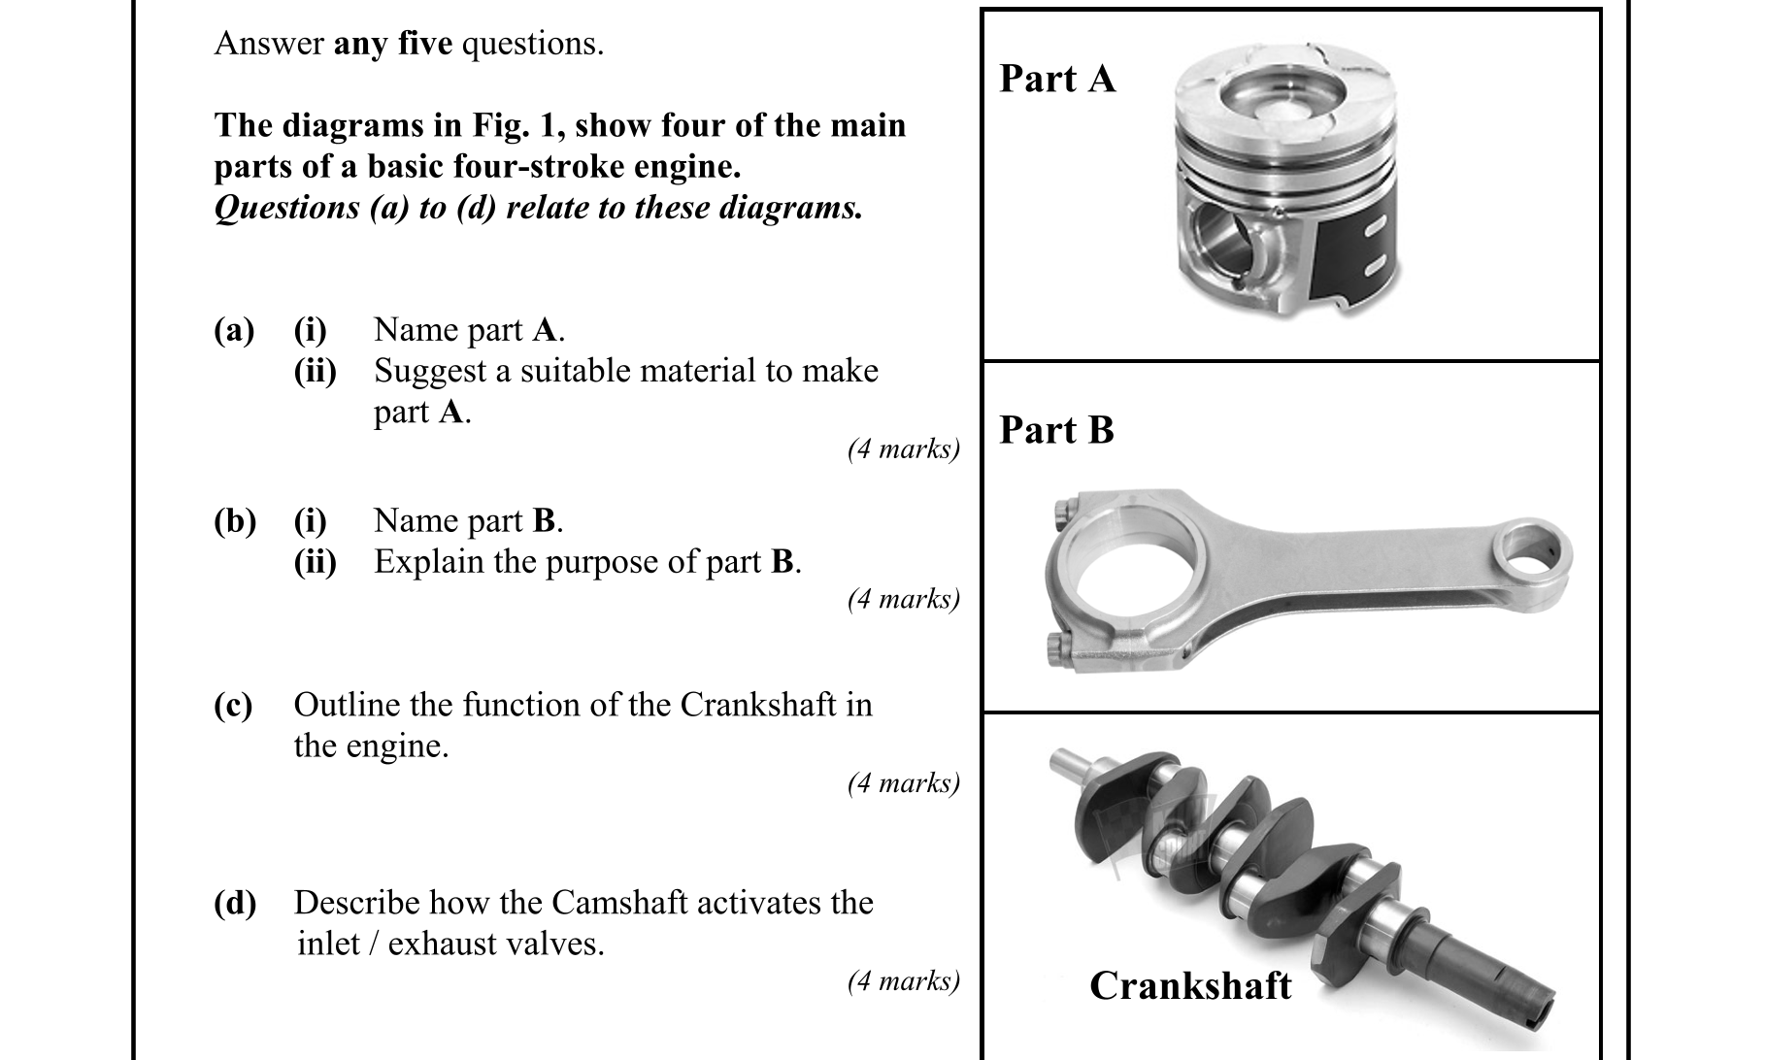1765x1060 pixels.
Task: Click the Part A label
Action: tap(1057, 79)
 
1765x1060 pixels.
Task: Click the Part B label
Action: tap(1056, 430)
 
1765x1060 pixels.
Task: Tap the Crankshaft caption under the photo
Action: tap(1190, 985)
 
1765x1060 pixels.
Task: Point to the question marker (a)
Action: tap(234, 330)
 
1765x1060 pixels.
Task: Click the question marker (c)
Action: tap(233, 705)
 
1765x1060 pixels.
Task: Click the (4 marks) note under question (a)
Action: tap(903, 448)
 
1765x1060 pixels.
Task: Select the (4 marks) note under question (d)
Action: tap(903, 981)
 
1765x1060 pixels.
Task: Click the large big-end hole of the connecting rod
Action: tap(1131, 578)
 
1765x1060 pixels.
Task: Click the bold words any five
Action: tap(393, 44)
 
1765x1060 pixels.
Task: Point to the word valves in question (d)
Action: tap(557, 944)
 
